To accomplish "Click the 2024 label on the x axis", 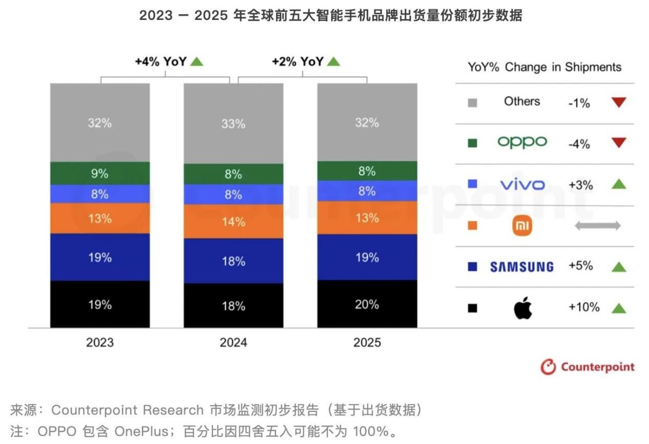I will coord(233,342).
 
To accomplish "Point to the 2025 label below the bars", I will coord(367,342).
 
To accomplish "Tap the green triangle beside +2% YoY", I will coord(333,61).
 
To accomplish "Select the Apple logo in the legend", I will coord(522,308).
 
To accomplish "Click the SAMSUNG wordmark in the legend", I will coord(521,267).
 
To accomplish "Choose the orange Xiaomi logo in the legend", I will coord(522,226).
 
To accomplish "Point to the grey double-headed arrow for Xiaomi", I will coord(597,225).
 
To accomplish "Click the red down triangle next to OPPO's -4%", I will coord(619,143).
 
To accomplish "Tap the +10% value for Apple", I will coord(583,307).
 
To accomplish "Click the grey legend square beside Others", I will coord(472,102).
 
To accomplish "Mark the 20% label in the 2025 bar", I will coord(367,305).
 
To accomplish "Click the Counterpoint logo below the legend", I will coord(588,367).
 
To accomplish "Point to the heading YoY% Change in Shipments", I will coord(544,67).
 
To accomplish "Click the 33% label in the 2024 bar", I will coord(233,123).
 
